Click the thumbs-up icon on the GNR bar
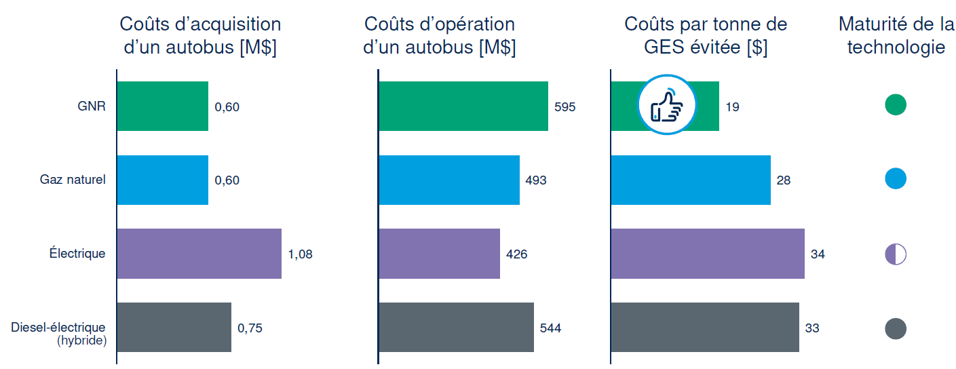point(666,105)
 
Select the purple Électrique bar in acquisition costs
point(199,254)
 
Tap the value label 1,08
point(301,254)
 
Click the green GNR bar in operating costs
point(463,106)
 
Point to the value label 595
point(565,106)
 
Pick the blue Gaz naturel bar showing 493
point(448,180)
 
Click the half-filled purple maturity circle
point(896,254)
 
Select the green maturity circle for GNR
point(896,105)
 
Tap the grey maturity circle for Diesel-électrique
point(896,328)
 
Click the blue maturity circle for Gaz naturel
point(896,179)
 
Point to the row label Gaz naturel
point(73,180)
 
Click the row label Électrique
point(77,254)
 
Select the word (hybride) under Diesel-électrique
point(82,341)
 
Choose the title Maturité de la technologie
point(896,36)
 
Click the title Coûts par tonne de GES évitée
point(705,36)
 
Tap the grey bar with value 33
point(704,328)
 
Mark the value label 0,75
point(250,328)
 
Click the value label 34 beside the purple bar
point(818,254)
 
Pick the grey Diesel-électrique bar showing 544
point(455,328)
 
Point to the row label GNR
point(92,106)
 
